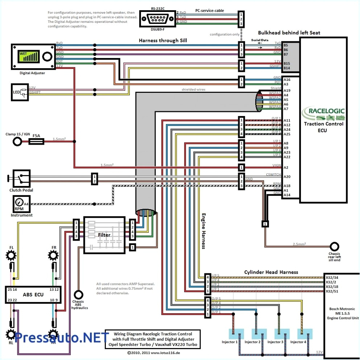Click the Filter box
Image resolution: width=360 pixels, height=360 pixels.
(104, 235)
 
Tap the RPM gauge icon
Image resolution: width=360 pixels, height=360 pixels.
(19, 204)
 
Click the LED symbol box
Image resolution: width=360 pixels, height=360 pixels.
(20, 92)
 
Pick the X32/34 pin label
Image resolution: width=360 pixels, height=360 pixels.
(332, 277)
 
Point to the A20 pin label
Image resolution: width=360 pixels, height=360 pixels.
(286, 177)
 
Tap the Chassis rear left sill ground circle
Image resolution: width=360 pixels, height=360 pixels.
(334, 246)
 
